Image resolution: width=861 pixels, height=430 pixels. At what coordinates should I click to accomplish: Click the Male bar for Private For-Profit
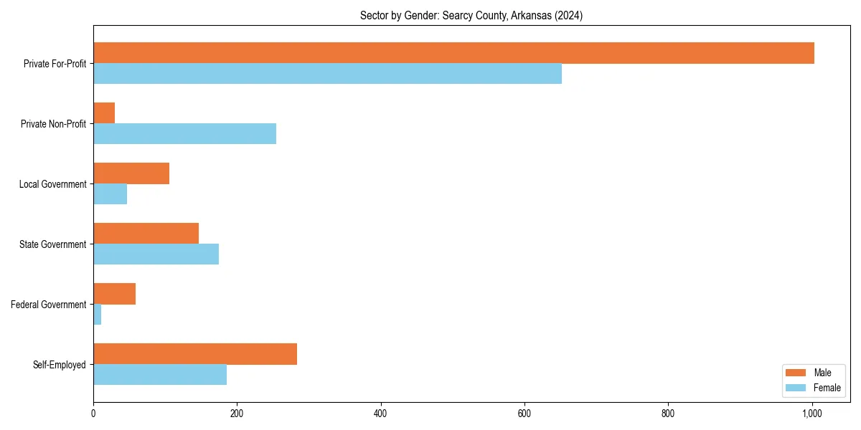click(453, 53)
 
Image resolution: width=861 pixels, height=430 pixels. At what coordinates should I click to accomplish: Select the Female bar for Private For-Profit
click(327, 74)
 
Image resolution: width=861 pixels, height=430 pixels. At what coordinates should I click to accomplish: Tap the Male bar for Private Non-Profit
click(104, 113)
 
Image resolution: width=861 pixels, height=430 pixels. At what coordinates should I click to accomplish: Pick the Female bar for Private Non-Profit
click(184, 134)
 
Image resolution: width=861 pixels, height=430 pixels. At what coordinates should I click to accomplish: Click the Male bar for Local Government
click(131, 173)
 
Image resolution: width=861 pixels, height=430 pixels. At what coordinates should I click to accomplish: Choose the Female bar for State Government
click(156, 254)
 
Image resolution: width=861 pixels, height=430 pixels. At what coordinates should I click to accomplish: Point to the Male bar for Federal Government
click(114, 294)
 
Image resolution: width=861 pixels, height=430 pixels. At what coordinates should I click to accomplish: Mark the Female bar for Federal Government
click(98, 315)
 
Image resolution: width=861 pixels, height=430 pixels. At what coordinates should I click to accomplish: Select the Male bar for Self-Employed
click(195, 354)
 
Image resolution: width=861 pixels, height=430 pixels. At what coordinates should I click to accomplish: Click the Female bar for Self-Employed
click(160, 375)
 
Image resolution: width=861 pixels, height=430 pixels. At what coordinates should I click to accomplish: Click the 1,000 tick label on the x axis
click(811, 413)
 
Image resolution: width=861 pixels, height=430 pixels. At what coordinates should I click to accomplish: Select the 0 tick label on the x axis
click(93, 413)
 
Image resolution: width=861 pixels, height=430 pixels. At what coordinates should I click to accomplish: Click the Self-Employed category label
click(59, 365)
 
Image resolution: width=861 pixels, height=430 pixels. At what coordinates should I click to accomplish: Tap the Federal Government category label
click(48, 305)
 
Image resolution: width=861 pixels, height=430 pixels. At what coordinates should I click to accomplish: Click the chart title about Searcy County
click(471, 16)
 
